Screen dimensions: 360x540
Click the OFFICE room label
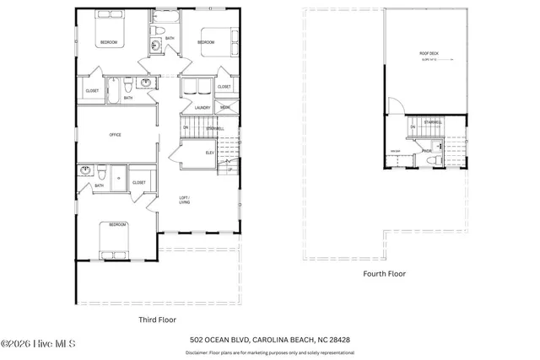[116, 134]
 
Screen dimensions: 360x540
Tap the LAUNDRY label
[202, 107]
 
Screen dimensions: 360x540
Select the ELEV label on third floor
[209, 153]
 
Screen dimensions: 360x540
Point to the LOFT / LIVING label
[184, 200]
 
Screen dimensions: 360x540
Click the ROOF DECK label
[429, 54]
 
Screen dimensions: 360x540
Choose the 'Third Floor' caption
[157, 320]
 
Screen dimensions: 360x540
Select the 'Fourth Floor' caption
[384, 274]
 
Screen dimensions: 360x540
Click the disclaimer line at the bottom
[270, 352]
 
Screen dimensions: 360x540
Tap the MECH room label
[225, 107]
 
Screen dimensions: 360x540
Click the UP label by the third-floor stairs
[229, 169]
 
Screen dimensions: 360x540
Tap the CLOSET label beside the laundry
[224, 87]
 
